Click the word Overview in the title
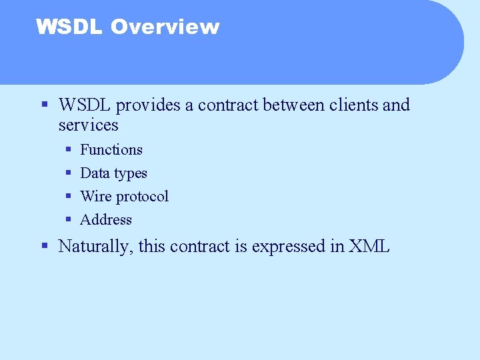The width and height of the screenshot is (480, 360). (x=165, y=27)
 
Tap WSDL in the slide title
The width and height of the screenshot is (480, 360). (x=69, y=27)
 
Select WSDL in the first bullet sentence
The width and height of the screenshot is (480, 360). (x=85, y=105)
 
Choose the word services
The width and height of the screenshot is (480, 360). (x=88, y=125)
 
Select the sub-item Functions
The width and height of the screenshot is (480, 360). (x=111, y=150)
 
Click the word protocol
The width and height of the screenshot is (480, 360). (x=142, y=197)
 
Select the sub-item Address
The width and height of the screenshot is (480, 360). (x=106, y=220)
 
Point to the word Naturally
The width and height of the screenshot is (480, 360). (x=96, y=247)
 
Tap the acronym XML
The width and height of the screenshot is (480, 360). (x=369, y=247)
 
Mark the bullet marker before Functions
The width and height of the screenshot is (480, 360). (x=69, y=150)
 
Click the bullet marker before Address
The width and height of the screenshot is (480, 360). (x=69, y=220)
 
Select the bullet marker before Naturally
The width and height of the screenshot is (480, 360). (x=45, y=246)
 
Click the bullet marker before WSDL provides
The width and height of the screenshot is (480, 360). (x=45, y=105)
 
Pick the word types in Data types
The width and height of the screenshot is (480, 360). (x=130, y=174)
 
